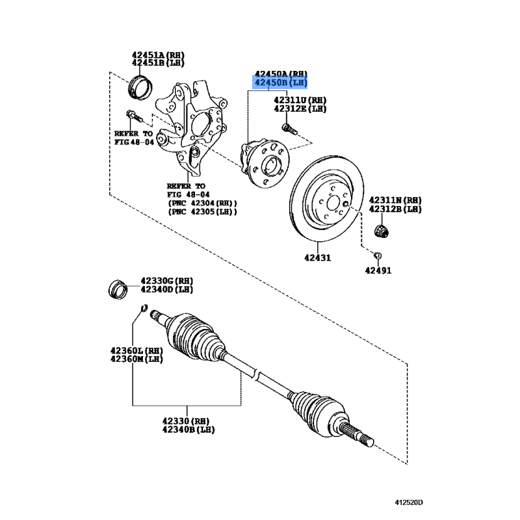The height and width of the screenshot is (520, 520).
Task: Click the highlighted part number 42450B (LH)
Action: pyautogui.click(x=281, y=83)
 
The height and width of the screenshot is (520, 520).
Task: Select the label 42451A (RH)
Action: pyautogui.click(x=158, y=55)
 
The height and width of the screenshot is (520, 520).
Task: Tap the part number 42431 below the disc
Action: pyautogui.click(x=317, y=257)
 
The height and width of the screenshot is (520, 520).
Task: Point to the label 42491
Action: pyautogui.click(x=378, y=270)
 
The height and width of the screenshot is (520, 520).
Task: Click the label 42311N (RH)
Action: pyautogui.click(x=395, y=200)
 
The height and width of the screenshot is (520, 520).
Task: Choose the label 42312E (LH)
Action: pyautogui.click(x=300, y=109)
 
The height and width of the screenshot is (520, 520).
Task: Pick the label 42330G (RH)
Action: pyautogui.click(x=167, y=281)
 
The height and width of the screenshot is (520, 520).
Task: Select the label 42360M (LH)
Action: pyautogui.click(x=136, y=359)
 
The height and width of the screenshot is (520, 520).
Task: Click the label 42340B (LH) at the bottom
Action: pyautogui.click(x=188, y=430)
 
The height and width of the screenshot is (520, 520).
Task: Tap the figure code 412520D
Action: pyautogui.click(x=409, y=502)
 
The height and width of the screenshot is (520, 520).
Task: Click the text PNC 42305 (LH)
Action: pyautogui.click(x=202, y=212)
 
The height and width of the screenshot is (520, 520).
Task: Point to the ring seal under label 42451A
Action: pyautogui.click(x=140, y=88)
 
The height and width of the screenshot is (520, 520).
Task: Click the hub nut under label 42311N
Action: pyautogui.click(x=382, y=231)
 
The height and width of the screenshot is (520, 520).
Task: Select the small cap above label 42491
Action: pyautogui.click(x=378, y=255)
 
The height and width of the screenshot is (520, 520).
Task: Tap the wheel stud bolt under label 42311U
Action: pyautogui.click(x=289, y=129)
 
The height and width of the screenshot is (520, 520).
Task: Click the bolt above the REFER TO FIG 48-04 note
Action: pyautogui.click(x=134, y=116)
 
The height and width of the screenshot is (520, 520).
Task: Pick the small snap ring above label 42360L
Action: pyautogui.click(x=144, y=308)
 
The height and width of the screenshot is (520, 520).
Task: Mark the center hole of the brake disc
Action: pyautogui.click(x=333, y=202)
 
